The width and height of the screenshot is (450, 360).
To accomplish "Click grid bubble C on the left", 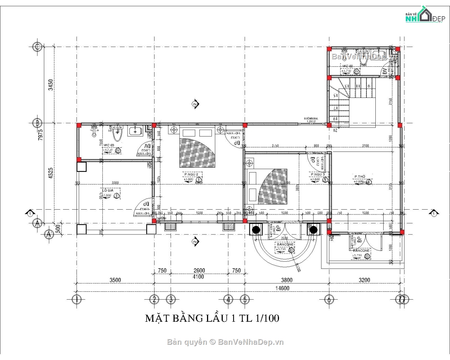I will point(37,47).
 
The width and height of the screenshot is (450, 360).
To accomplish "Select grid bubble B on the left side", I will point(37,123).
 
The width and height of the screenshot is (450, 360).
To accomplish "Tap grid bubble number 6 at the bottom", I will point(329,299).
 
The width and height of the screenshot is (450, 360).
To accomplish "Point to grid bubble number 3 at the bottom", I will point(171,299).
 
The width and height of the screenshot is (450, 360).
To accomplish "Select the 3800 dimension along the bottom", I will point(287,280).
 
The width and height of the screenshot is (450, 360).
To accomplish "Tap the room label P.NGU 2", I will point(193,174).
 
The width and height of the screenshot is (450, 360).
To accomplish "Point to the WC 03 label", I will point(109,145).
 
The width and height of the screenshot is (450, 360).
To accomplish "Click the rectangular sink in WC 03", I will point(135,131).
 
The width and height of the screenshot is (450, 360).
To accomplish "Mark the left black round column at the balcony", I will point(256,229).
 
